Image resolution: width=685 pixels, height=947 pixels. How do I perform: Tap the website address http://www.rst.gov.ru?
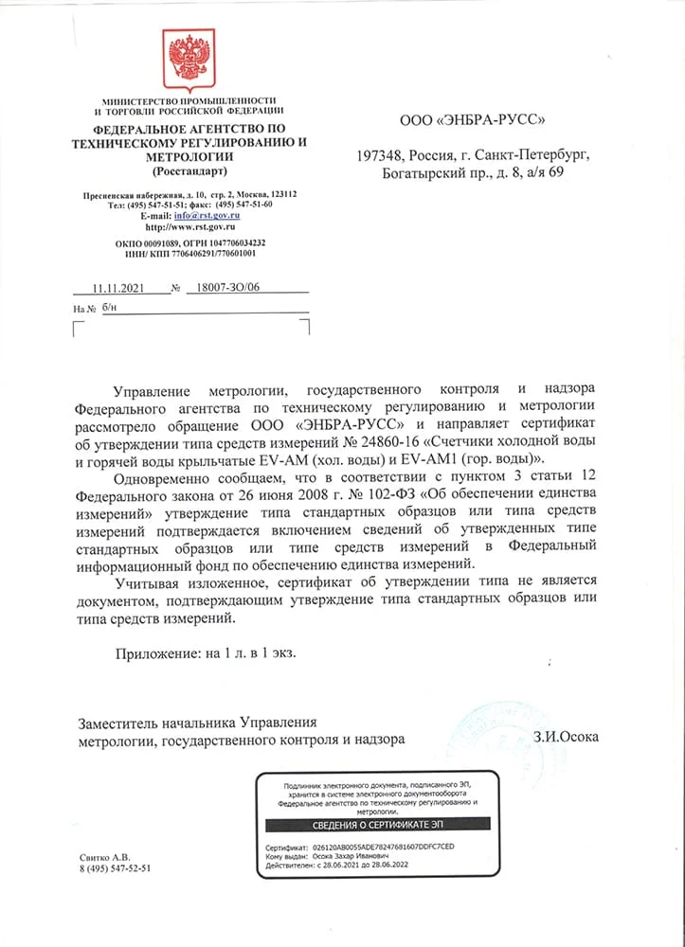[190, 227]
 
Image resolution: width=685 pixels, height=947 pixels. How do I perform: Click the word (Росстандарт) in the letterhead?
[189, 171]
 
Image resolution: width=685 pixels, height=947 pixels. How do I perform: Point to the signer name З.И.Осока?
[566, 736]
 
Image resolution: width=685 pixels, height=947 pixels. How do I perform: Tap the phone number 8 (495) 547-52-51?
[116, 867]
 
